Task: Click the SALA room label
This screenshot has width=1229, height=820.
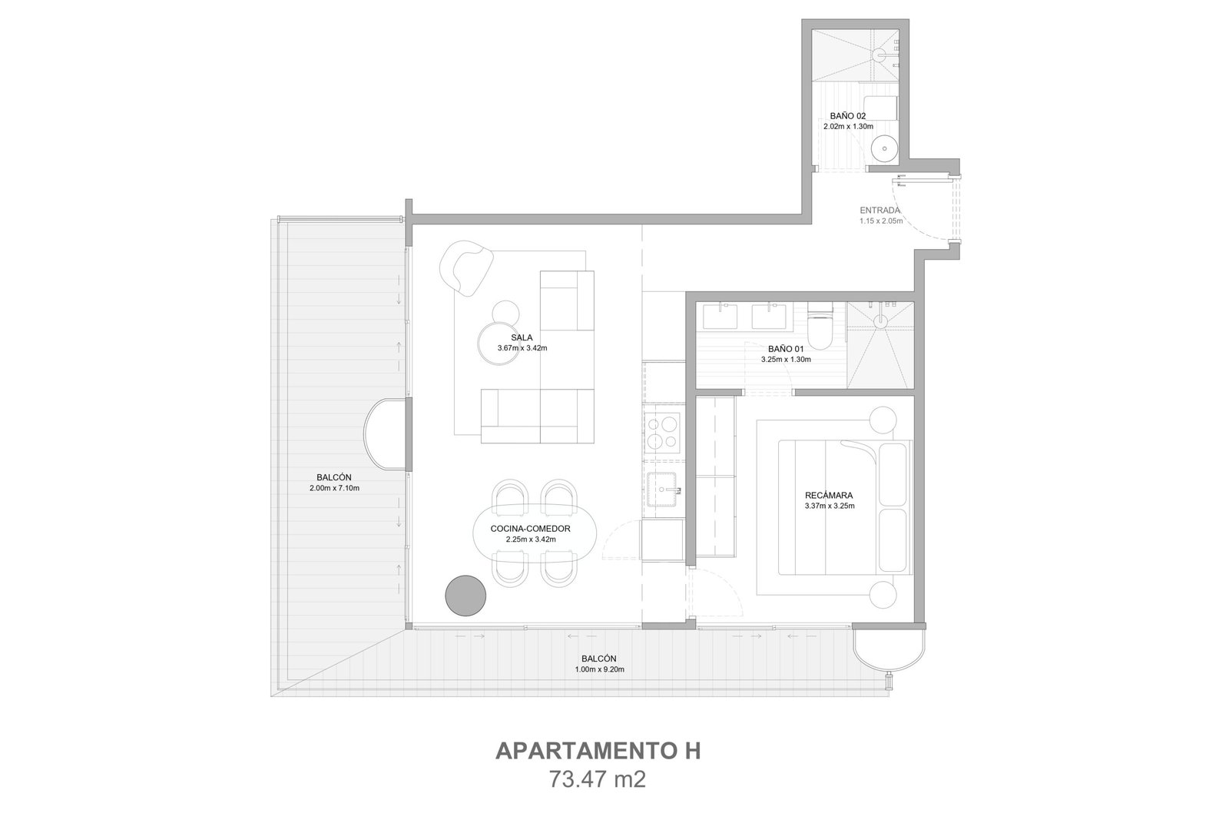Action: [x=522, y=337]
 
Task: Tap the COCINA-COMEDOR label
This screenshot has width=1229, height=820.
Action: [x=530, y=529]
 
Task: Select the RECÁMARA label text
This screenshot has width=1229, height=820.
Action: [x=829, y=496]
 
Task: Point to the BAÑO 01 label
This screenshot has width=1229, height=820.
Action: [x=786, y=349]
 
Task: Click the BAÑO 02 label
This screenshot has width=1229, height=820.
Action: [x=848, y=116]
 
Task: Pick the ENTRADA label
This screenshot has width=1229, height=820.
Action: [x=880, y=211]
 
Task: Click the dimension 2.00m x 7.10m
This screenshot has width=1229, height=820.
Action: [x=334, y=488]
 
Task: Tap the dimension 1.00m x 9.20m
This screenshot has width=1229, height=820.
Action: [x=599, y=669]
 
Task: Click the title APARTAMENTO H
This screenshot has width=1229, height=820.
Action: [x=598, y=752]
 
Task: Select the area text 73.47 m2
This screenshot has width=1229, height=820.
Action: [x=598, y=779]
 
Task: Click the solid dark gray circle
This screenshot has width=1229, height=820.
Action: [x=465, y=596]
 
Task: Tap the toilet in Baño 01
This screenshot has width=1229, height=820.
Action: [x=820, y=327]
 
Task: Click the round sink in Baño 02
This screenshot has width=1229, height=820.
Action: [x=884, y=148]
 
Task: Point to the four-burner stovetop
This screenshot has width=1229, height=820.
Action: [x=663, y=433]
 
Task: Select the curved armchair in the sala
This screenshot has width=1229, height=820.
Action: [x=466, y=268]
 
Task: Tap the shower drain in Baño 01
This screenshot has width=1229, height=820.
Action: [x=880, y=321]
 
